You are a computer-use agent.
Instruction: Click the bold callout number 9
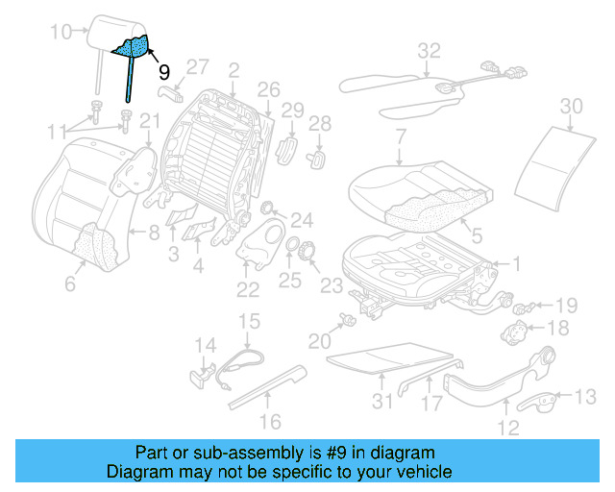tap(163, 72)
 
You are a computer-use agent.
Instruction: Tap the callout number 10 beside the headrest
tap(61, 33)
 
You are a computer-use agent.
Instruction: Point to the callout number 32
tap(429, 50)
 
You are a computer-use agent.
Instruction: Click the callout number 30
tap(571, 105)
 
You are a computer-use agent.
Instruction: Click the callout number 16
tap(271, 421)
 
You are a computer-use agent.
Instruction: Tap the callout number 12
tap(508, 428)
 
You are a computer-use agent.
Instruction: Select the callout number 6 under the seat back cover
tap(69, 284)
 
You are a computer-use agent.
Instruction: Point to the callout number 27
tap(196, 67)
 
